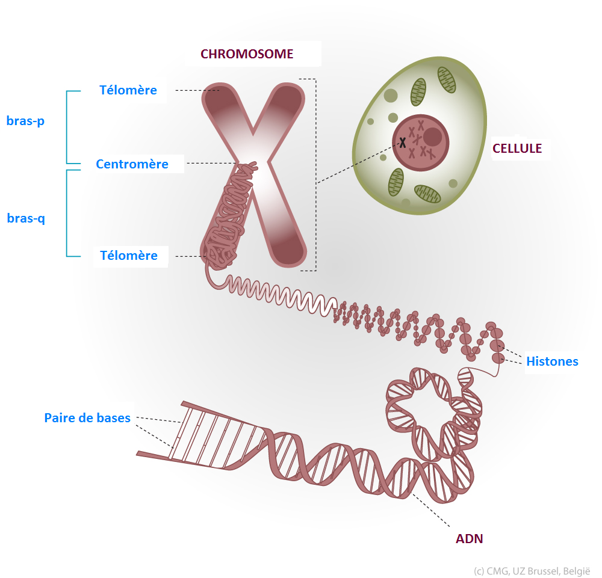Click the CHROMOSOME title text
tap(247, 54)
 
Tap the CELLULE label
tap(517, 148)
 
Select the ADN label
tap(470, 538)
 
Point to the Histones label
tap(552, 361)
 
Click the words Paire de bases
tap(87, 417)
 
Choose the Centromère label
tap(132, 164)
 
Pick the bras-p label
tap(26, 121)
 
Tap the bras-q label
tap(26, 218)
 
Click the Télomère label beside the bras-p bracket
tap(128, 90)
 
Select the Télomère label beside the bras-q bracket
tap(129, 255)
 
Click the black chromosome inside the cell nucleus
tap(402, 143)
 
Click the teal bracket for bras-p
tap(67, 127)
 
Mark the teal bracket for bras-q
tap(67, 214)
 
